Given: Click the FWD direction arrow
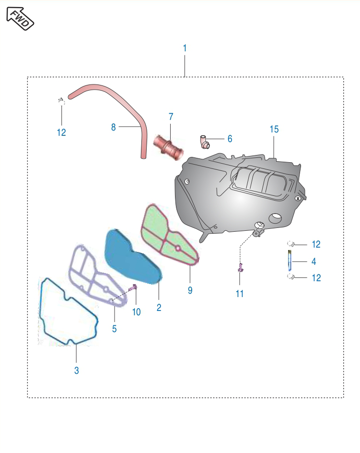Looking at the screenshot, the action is pyautogui.click(x=20, y=18).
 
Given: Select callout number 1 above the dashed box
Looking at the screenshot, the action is pyautogui.click(x=185, y=48).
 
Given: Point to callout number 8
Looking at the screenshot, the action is pyautogui.click(x=114, y=127).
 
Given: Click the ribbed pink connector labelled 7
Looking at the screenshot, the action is pyautogui.click(x=168, y=147).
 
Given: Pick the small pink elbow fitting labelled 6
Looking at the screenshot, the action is pyautogui.click(x=205, y=142).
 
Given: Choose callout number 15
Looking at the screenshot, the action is pyautogui.click(x=274, y=129).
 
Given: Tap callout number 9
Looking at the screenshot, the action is pyautogui.click(x=190, y=290).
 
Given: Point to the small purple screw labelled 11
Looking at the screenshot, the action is pyautogui.click(x=241, y=268).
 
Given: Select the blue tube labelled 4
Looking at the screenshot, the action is pyautogui.click(x=290, y=260).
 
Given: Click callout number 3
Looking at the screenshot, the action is pyautogui.click(x=77, y=370).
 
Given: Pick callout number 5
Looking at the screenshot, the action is pyautogui.click(x=114, y=329).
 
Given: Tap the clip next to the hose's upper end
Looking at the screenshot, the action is pyautogui.click(x=61, y=101).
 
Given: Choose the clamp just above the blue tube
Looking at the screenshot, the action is pyautogui.click(x=290, y=244).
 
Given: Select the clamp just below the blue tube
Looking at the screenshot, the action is pyautogui.click(x=290, y=277).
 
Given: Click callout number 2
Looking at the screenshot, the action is pyautogui.click(x=159, y=308).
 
